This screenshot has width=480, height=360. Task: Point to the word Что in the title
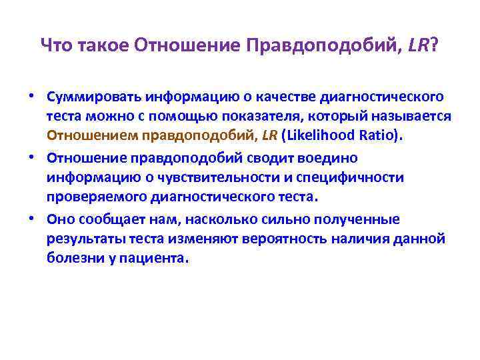pyautogui.click(x=57, y=45)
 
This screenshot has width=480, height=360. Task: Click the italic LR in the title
pyautogui.click(x=417, y=45)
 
